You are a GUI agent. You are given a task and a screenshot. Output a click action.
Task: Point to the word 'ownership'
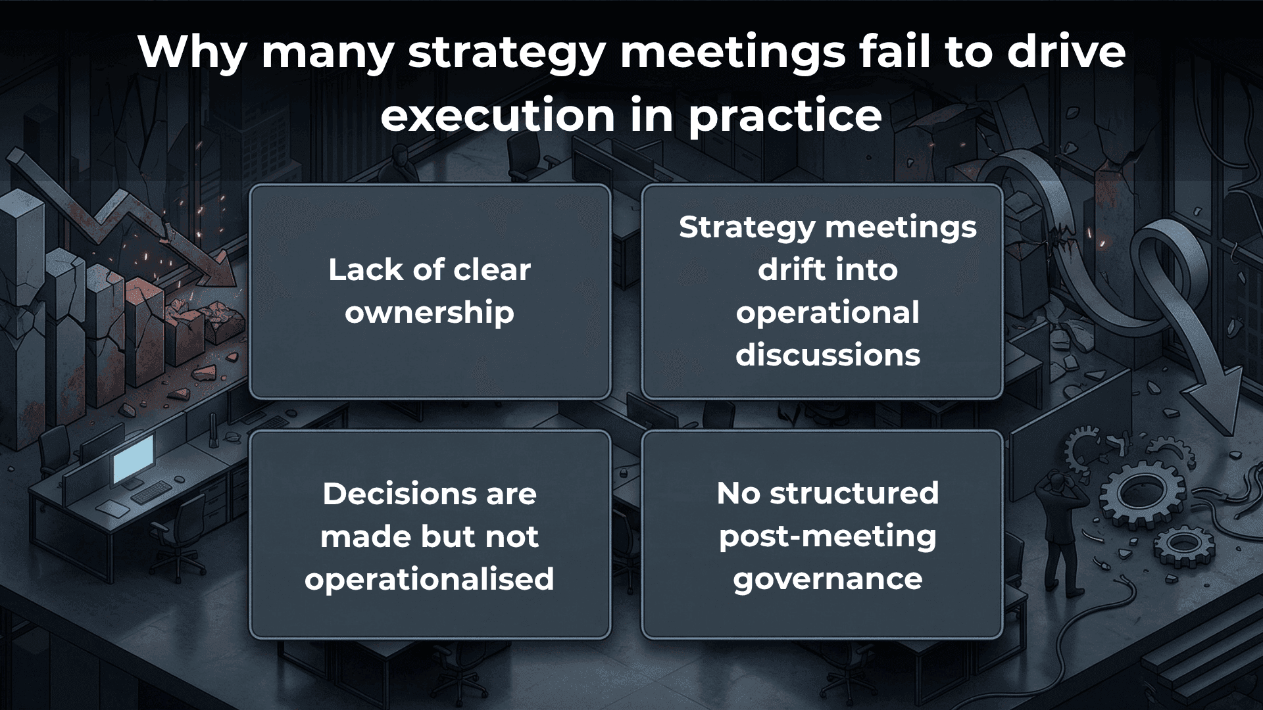click(x=430, y=312)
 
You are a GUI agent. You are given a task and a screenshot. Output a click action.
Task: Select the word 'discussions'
click(x=828, y=355)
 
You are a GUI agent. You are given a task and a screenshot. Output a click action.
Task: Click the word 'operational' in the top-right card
click(x=828, y=312)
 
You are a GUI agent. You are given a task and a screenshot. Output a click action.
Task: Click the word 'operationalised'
click(x=430, y=579)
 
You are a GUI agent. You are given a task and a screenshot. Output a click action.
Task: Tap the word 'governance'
click(x=828, y=579)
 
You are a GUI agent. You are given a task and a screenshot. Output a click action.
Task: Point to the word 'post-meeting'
click(x=828, y=536)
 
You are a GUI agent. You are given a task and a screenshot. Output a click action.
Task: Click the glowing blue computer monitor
click(x=133, y=458)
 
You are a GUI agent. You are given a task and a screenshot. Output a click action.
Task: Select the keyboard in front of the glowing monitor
click(x=152, y=492)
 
